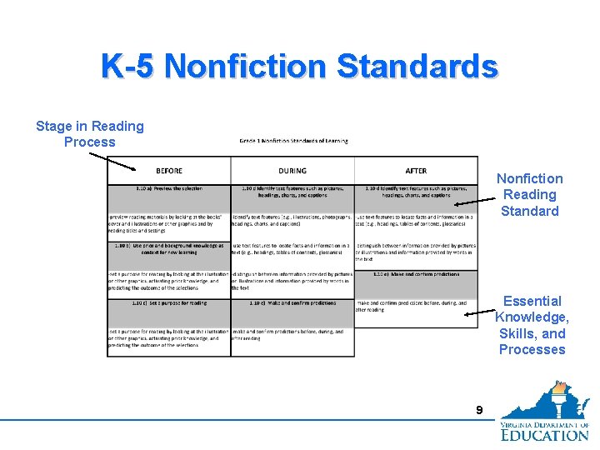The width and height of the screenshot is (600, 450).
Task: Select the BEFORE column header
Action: click(169, 171)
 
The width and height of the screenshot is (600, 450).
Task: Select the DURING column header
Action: click(292, 171)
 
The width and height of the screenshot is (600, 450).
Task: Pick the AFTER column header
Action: click(416, 171)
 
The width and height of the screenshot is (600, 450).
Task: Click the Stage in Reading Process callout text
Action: click(90, 134)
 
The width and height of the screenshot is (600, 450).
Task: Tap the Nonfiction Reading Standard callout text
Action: click(529, 194)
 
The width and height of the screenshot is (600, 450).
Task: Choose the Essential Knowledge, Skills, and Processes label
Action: click(532, 325)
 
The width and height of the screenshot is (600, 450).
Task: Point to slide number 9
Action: click(478, 410)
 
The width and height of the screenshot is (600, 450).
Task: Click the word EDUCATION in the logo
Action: click(545, 433)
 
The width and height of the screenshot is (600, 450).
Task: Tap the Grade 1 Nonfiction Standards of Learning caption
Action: click(292, 141)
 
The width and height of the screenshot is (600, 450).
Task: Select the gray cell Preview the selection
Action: click(169, 197)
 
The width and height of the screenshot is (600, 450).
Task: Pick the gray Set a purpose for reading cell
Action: click(169, 312)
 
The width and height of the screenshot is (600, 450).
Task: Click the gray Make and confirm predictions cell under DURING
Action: click(292, 312)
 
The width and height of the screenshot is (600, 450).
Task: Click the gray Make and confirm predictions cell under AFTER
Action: click(416, 283)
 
